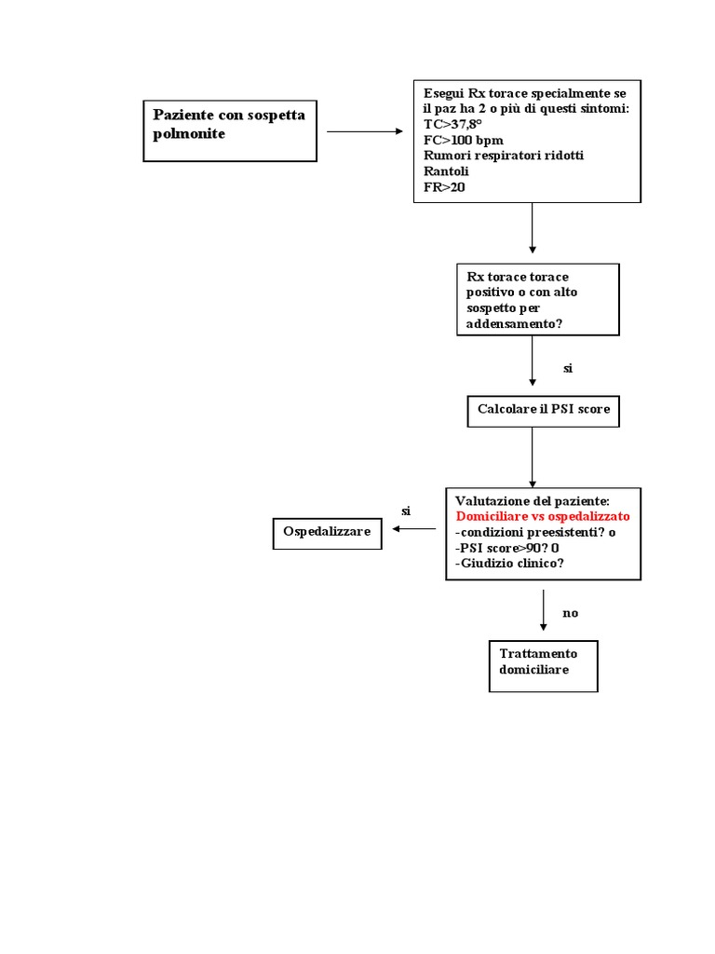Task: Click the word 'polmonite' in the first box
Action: pos(189,134)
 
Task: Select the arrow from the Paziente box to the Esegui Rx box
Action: pos(365,131)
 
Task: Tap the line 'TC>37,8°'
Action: pos(452,124)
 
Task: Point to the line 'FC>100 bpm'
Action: pos(464,140)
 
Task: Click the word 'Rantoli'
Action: pos(446,171)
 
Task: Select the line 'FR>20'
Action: pos(444,187)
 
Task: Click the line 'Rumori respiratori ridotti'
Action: pos(504,156)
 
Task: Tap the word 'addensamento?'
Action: pos(514,323)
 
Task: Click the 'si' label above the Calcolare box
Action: pos(568,368)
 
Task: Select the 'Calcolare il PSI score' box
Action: pos(544,411)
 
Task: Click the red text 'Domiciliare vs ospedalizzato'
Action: pos(543,516)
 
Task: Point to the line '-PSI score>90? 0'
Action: pos(507,548)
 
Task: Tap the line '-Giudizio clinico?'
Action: pos(509,564)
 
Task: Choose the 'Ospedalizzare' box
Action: pos(327,534)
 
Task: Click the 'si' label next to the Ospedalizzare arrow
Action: pos(406,511)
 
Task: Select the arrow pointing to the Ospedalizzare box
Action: pos(414,529)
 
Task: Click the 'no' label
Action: pos(571,613)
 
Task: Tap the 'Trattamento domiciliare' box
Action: pos(544,666)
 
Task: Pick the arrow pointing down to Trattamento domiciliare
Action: pos(544,610)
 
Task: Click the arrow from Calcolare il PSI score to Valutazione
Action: pos(533,457)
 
